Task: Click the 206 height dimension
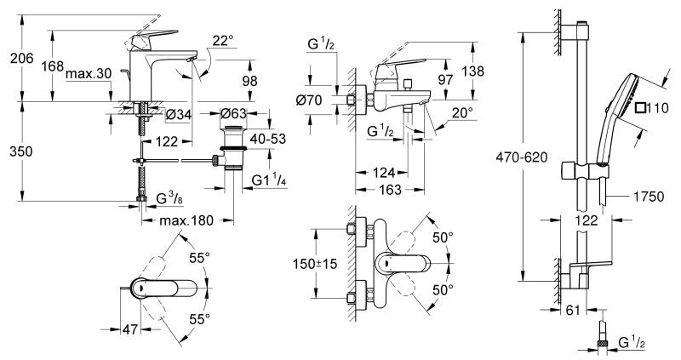coord(18,58)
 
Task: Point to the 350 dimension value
coord(18,151)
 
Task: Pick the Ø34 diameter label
coord(177,115)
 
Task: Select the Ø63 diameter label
coord(234,114)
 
